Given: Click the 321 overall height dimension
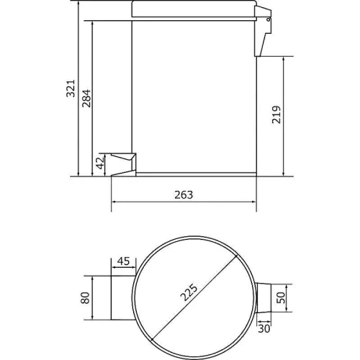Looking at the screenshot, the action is pos(71,89).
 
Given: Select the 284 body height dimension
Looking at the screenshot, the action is pos(86,98).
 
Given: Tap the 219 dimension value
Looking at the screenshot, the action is pos(276,114).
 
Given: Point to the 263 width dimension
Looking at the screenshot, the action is pos(184,195).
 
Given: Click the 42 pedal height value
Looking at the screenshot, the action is pos(101,163).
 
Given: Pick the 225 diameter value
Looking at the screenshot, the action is pos(189,292).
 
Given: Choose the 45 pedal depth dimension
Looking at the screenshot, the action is pos(123,261).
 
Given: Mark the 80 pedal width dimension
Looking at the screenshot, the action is pos(85,298).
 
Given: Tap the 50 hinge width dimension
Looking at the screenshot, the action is pos(281,297).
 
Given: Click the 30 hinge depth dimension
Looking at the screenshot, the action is pos(264,328).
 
